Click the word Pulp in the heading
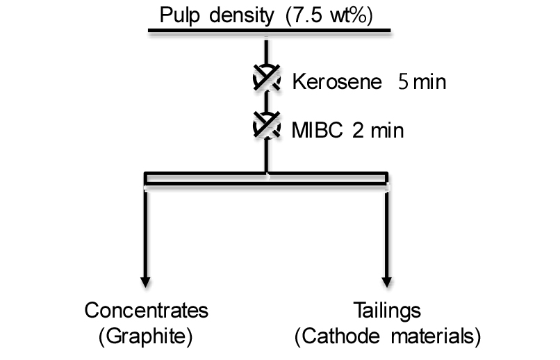pyautogui.click(x=179, y=16)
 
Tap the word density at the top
pyautogui.click(x=241, y=16)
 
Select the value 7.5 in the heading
pyautogui.click(x=307, y=15)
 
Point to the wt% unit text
pyautogui.click(x=348, y=15)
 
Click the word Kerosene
pyautogui.click(x=337, y=82)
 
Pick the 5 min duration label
pyautogui.click(x=422, y=82)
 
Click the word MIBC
pyautogui.click(x=317, y=130)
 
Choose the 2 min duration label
pyautogui.click(x=378, y=130)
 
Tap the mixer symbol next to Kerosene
pyautogui.click(x=266, y=79)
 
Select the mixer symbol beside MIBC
pyautogui.click(x=266, y=125)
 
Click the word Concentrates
pyautogui.click(x=147, y=310)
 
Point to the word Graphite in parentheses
pyautogui.click(x=146, y=336)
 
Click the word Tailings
pyautogui.click(x=387, y=311)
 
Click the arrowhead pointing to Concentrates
pyautogui.click(x=145, y=282)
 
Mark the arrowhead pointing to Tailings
pyautogui.click(x=387, y=282)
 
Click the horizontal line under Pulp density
pyautogui.click(x=270, y=31)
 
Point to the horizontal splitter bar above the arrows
pyautogui.click(x=266, y=179)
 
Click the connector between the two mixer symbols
pyautogui.click(x=266, y=101)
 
